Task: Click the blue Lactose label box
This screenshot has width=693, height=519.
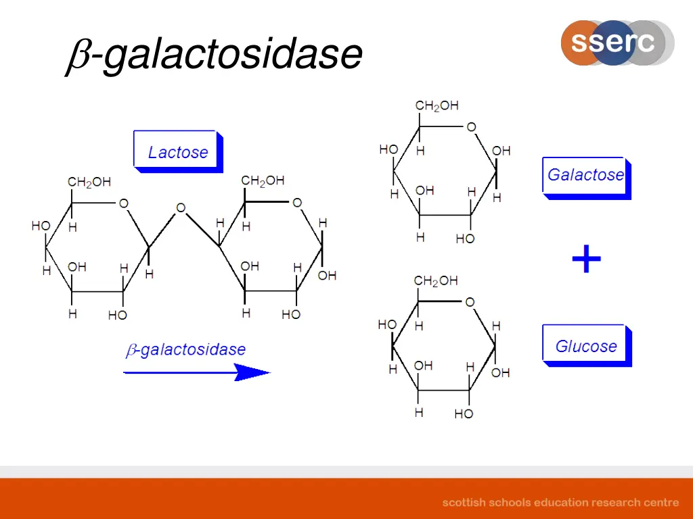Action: point(177,151)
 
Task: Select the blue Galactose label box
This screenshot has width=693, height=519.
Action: point(585,176)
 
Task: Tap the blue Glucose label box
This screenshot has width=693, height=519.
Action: point(585,347)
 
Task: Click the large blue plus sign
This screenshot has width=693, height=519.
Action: point(586,260)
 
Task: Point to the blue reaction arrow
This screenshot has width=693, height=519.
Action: point(196,372)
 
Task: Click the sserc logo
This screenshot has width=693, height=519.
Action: point(616,43)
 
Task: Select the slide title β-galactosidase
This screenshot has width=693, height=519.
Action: point(215,55)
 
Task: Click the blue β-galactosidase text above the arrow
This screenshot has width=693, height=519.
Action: point(185,349)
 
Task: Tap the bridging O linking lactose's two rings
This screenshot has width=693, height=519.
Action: point(181,208)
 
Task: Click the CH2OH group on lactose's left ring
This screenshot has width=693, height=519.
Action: point(89,182)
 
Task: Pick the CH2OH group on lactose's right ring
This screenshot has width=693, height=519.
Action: point(263,181)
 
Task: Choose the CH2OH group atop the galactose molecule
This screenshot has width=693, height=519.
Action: point(437,106)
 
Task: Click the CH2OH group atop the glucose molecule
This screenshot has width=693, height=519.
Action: point(435,281)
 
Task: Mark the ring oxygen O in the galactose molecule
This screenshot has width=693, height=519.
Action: point(471,127)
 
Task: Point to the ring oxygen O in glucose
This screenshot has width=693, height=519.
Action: point(470,302)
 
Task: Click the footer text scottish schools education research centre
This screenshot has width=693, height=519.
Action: point(560,502)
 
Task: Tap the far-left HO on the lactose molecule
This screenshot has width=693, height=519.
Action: point(41,226)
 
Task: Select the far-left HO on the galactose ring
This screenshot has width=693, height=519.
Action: point(388,149)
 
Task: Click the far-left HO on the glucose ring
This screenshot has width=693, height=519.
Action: point(386,325)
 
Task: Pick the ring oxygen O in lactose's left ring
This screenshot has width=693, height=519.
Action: point(124,203)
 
